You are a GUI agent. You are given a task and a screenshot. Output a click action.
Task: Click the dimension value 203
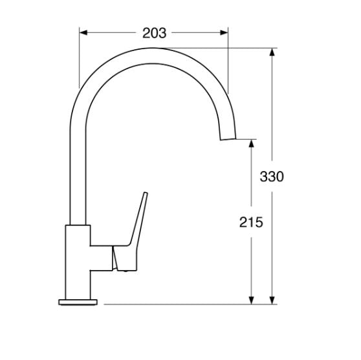154,33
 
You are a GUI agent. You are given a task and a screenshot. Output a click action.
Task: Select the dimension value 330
272,177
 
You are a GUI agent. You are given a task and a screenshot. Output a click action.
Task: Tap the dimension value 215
251,222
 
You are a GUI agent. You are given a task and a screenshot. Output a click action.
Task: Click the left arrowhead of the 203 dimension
83,33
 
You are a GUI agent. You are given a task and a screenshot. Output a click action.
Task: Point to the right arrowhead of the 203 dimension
224,33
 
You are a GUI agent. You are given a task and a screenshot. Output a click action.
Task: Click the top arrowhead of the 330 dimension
272,52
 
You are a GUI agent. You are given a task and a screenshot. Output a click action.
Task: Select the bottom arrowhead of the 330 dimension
272,300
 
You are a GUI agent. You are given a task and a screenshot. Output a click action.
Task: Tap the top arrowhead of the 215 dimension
252,143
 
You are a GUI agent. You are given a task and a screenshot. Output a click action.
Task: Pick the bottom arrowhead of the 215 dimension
252,300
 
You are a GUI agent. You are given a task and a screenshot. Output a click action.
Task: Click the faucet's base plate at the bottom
78,302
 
